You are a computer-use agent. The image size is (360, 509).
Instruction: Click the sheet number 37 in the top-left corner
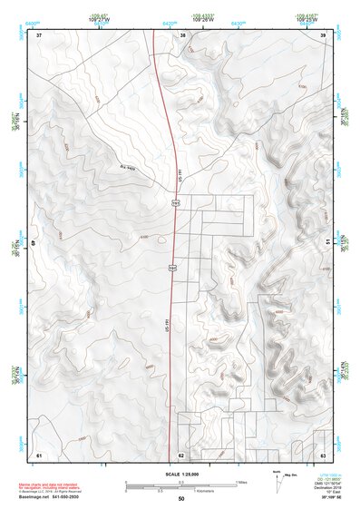(39, 34)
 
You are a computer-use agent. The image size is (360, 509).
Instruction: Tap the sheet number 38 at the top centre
(182, 34)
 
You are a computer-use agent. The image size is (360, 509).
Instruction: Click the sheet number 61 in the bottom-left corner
(39, 455)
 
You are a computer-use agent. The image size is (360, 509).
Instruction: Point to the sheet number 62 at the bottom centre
(181, 455)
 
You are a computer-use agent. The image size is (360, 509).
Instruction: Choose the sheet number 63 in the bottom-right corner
(323, 455)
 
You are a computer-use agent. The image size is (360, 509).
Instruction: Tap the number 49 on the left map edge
(34, 244)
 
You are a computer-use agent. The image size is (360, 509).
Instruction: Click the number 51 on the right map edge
(327, 241)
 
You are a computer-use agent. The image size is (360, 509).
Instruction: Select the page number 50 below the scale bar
(181, 499)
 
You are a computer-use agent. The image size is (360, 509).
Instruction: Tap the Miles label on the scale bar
(240, 481)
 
